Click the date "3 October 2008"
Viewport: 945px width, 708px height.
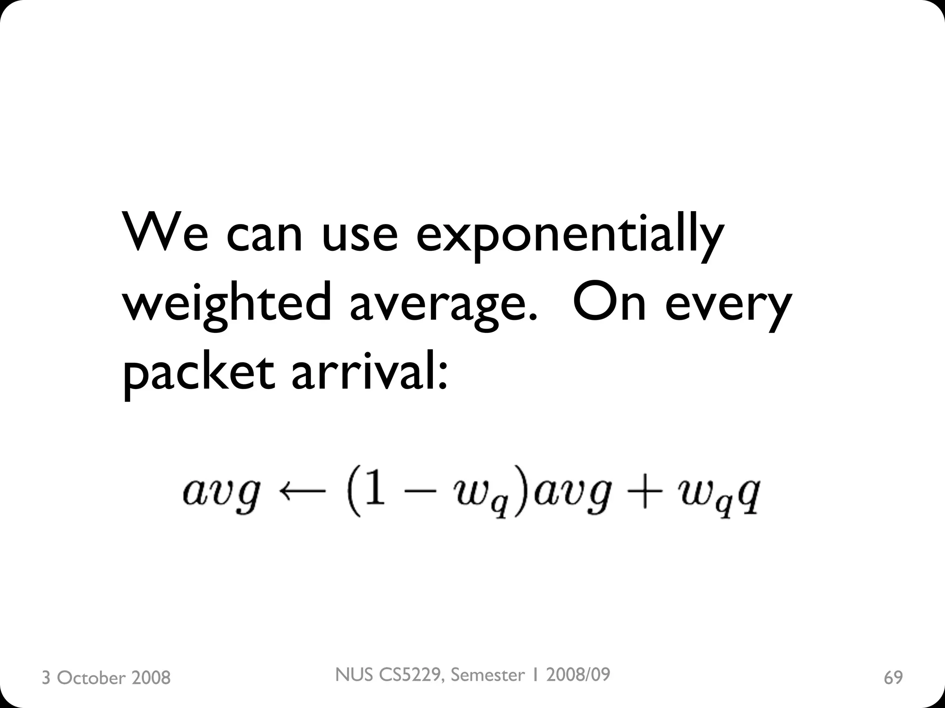coord(106,678)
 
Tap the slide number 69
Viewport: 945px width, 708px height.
coord(893,678)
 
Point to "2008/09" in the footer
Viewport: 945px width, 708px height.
coord(578,674)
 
